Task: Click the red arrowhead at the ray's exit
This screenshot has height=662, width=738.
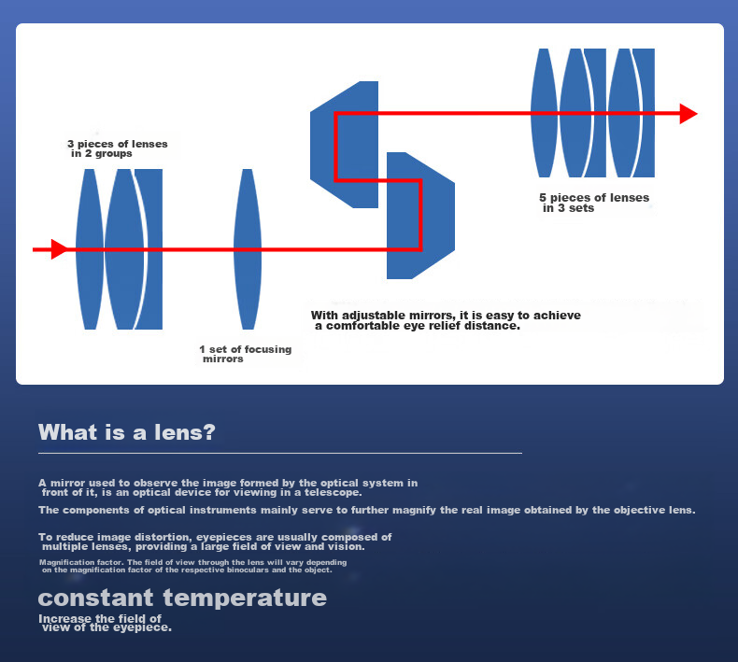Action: pyautogui.click(x=688, y=114)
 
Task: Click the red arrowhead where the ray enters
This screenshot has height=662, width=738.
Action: pyautogui.click(x=59, y=249)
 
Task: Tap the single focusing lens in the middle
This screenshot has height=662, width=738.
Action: pyautogui.click(x=248, y=249)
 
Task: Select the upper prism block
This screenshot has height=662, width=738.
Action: pyautogui.click(x=344, y=145)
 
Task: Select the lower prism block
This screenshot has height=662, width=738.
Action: pyautogui.click(x=420, y=216)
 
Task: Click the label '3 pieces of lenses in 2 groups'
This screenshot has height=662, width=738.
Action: pyautogui.click(x=117, y=148)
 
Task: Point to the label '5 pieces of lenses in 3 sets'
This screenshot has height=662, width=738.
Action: pyautogui.click(x=594, y=203)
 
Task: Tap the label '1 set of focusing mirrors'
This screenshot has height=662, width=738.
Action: pyautogui.click(x=245, y=354)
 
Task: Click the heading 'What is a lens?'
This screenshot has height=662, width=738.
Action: pyautogui.click(x=127, y=432)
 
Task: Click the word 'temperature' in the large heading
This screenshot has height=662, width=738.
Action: pyautogui.click(x=245, y=598)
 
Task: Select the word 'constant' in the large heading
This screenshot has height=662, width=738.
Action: pyautogui.click(x=95, y=598)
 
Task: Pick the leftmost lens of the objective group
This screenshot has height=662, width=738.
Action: pyautogui.click(x=90, y=249)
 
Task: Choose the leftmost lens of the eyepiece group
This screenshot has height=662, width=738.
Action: pyautogui.click(x=544, y=113)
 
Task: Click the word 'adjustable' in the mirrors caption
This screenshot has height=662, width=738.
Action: pyautogui.click(x=373, y=316)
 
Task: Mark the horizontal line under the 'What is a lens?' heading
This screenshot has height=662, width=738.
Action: pyautogui.click(x=280, y=453)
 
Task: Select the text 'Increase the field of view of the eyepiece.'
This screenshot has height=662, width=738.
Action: pyautogui.click(x=105, y=623)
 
